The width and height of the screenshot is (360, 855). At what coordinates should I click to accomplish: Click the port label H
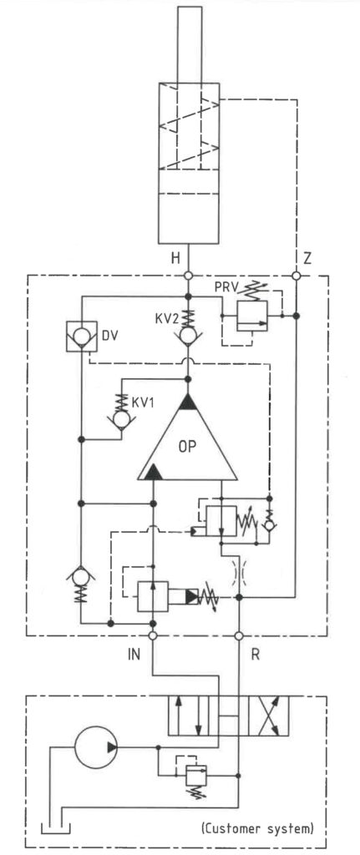(x=175, y=259)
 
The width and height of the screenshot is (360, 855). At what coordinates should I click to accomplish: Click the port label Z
(x=307, y=259)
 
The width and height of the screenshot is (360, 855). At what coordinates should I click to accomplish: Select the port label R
(x=255, y=655)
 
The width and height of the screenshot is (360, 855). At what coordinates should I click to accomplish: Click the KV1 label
(x=144, y=402)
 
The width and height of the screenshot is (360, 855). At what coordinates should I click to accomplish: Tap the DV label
(x=109, y=335)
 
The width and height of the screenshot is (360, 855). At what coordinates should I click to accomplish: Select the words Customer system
(x=257, y=829)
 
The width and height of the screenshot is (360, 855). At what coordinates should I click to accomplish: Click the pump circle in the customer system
(x=96, y=747)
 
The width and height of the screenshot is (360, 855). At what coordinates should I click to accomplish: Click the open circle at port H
(x=188, y=276)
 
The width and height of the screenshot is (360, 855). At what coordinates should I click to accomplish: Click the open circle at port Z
(x=297, y=276)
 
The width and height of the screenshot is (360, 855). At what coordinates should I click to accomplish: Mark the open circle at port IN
(x=154, y=635)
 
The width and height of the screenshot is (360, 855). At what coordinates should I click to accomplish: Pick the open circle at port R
(x=238, y=635)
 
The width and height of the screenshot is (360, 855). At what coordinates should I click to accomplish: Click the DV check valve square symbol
(x=81, y=336)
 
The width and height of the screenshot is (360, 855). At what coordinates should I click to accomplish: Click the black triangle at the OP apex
(x=187, y=402)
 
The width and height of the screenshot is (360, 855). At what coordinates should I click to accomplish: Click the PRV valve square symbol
(x=251, y=316)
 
